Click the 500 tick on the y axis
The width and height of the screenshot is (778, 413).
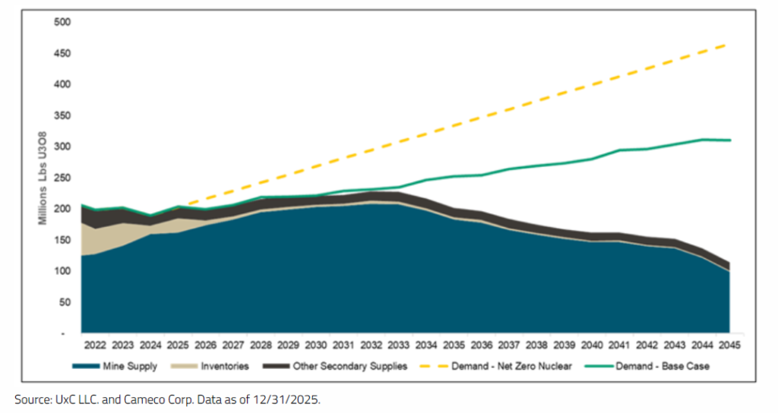tap(61, 22)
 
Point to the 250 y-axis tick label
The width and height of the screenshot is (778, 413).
tap(61, 178)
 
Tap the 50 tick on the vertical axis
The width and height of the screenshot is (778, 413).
tap(63, 302)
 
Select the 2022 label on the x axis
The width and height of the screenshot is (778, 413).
tap(94, 344)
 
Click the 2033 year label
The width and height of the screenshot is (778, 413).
tap(399, 344)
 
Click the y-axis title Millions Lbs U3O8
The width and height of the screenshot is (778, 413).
tap(43, 177)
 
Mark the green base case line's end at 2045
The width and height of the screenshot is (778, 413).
tap(730, 140)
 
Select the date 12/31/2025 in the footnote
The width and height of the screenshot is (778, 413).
tap(288, 399)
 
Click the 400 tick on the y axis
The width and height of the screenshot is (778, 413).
tap(61, 84)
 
